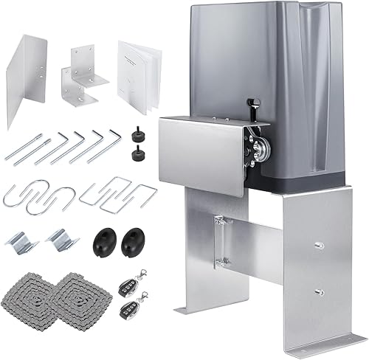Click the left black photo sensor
click(x=105, y=240)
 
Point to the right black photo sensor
click(x=135, y=240)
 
